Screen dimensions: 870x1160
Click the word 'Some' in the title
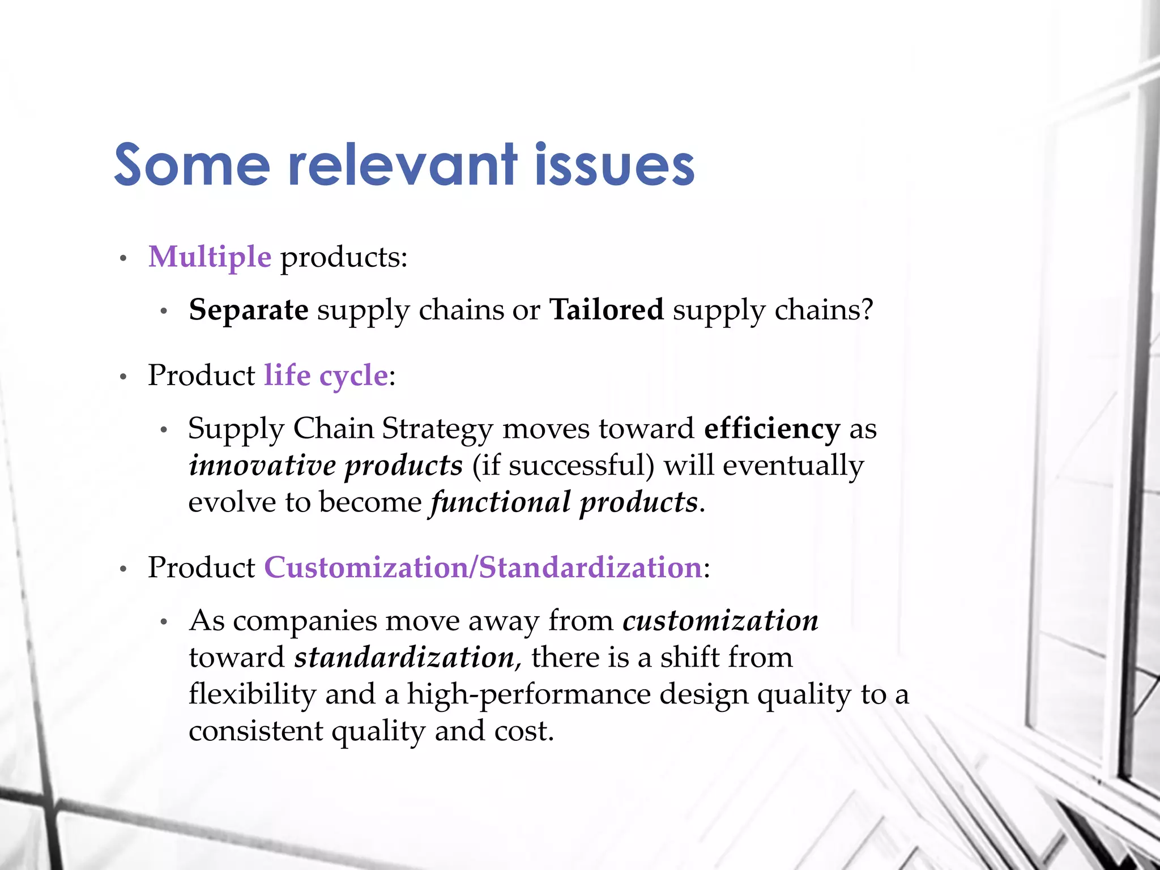point(191,165)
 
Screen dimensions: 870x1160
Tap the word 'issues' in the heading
point(614,165)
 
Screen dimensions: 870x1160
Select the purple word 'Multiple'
point(210,257)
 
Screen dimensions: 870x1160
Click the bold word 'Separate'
point(248,310)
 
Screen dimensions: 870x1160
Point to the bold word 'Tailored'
point(606,310)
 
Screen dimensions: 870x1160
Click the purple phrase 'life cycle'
point(326,375)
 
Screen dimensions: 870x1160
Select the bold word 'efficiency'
point(771,428)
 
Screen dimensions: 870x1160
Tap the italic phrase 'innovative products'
point(326,466)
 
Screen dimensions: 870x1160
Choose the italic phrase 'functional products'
point(564,502)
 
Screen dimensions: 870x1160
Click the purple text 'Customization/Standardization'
point(483,567)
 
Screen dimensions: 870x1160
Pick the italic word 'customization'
point(720,620)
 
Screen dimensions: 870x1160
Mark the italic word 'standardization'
point(404,657)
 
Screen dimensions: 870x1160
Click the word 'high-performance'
point(529,694)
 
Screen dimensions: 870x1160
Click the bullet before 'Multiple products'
point(123,259)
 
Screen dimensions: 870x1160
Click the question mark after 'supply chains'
point(867,310)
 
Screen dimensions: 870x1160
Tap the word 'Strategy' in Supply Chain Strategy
point(437,429)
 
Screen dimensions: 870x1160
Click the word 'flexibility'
point(252,694)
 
